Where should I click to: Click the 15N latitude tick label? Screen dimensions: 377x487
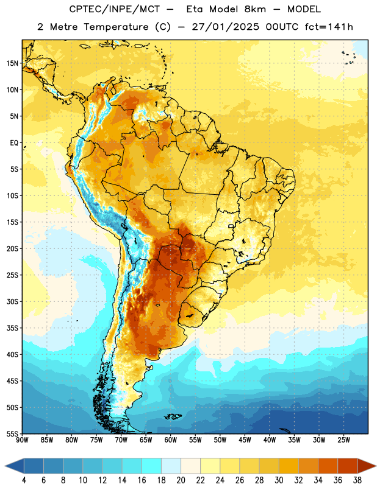(x=12, y=63)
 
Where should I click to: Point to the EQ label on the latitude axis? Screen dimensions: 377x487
(x=14, y=143)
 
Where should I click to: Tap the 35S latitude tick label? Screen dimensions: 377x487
(x=12, y=328)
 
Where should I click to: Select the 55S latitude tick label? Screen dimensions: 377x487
(x=12, y=433)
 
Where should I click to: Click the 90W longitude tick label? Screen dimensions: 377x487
(x=22, y=440)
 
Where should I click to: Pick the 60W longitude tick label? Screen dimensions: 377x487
(x=171, y=440)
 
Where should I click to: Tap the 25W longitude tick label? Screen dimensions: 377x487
(x=343, y=440)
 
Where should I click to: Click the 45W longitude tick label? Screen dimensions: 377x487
(x=245, y=440)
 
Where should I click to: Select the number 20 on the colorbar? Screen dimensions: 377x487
(x=181, y=480)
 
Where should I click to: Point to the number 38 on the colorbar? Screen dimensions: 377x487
(x=357, y=480)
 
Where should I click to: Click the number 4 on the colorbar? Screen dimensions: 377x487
(x=24, y=480)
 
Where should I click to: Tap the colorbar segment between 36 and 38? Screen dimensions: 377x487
(x=348, y=466)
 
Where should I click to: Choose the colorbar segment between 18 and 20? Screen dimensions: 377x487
(x=171, y=466)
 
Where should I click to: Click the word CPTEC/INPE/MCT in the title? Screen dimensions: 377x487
(x=115, y=9)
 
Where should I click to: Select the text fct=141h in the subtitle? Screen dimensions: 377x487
(x=329, y=27)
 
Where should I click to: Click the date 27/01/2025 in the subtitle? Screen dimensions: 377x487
(x=225, y=27)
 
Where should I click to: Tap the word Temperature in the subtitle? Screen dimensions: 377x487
(x=116, y=27)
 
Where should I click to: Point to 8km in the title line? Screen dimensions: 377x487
(x=255, y=9)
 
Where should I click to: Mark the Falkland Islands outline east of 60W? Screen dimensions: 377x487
(x=173, y=416)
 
